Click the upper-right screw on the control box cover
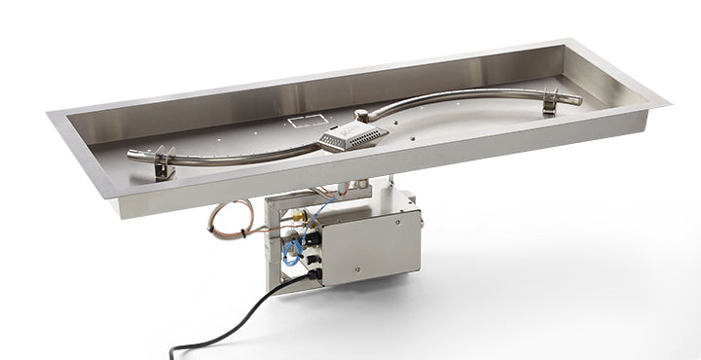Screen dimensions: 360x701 pyautogui.click(x=401, y=217)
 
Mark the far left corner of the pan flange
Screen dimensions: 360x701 pyautogui.click(x=49, y=115)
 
